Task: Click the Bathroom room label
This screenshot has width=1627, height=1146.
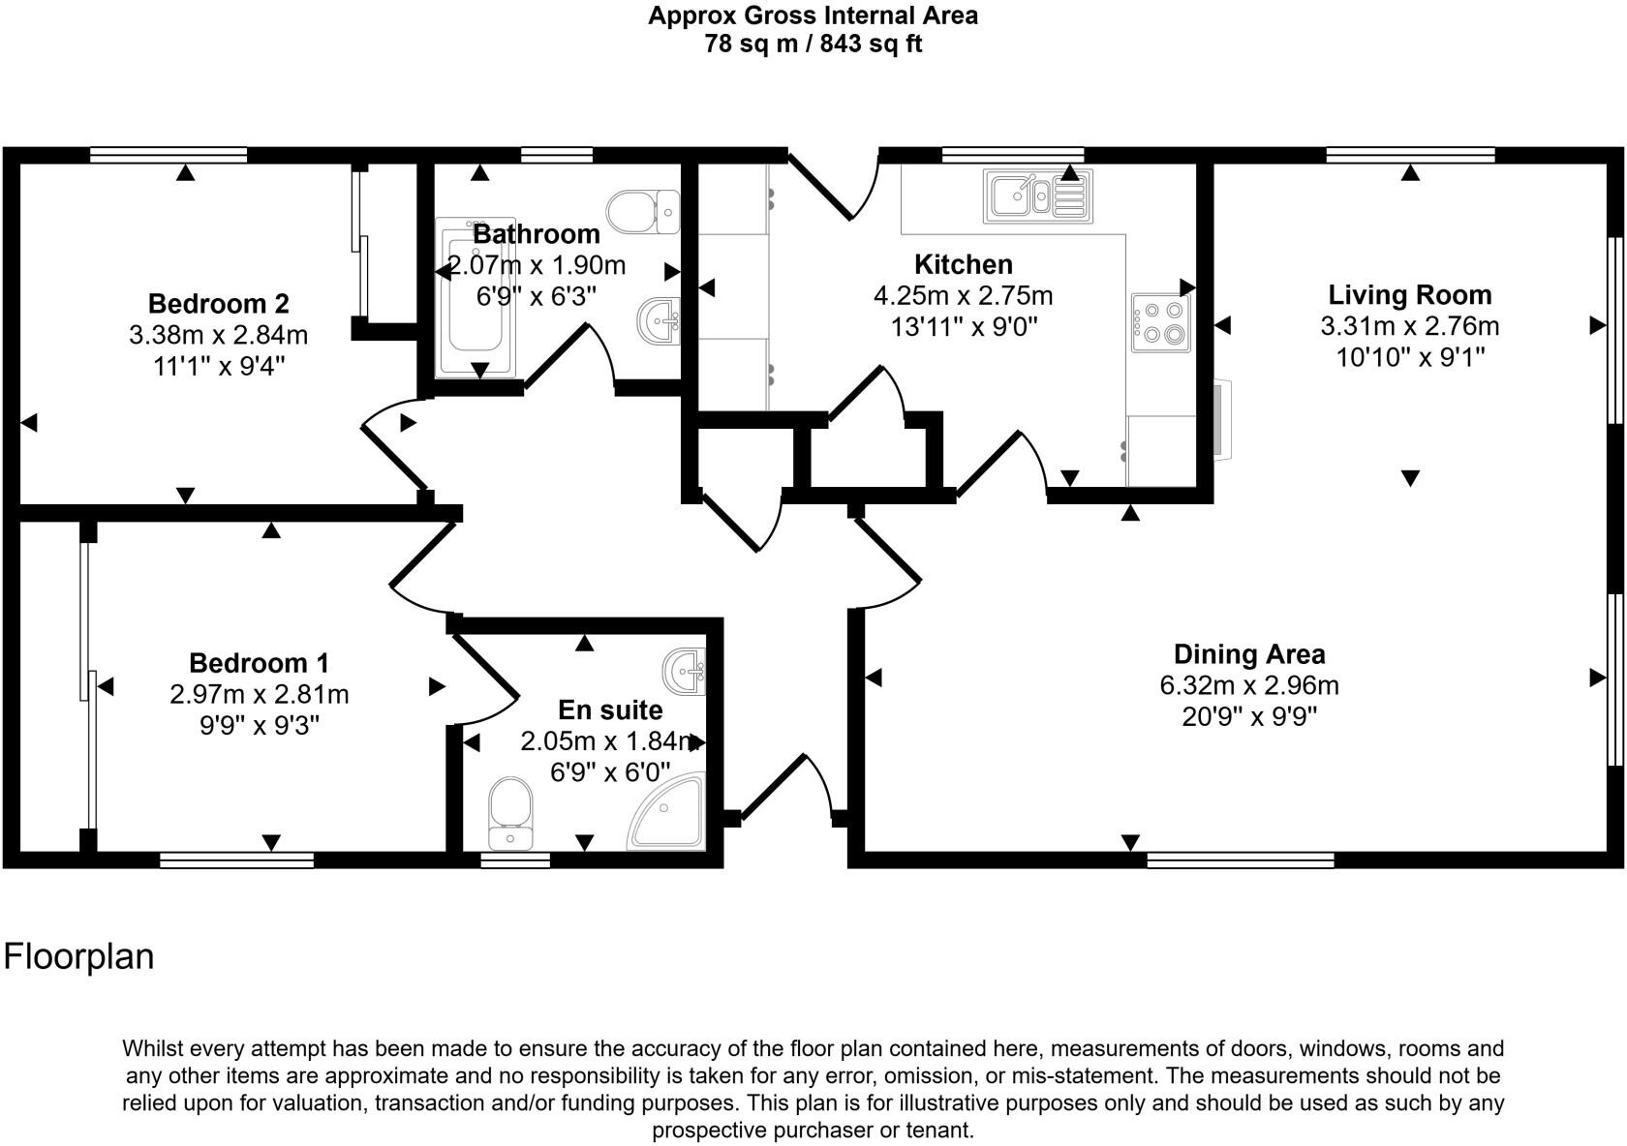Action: pyautogui.click(x=537, y=234)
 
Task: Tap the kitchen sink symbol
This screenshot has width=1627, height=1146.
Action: pyautogui.click(x=1037, y=196)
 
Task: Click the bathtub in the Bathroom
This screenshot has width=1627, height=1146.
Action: pyautogui.click(x=472, y=300)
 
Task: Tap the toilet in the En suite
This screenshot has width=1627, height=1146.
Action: pyautogui.click(x=509, y=813)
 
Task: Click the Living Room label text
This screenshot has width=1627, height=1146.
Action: pyautogui.click(x=1409, y=294)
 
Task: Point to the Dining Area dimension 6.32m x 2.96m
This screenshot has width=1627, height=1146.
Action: pyautogui.click(x=1248, y=685)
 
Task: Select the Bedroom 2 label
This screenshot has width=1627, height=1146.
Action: pyautogui.click(x=218, y=304)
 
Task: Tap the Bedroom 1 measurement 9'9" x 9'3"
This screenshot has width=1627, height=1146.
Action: pyautogui.click(x=259, y=725)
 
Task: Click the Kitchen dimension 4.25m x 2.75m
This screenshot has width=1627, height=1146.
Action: pyautogui.click(x=963, y=295)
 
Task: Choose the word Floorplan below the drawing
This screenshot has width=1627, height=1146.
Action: pyautogui.click(x=79, y=956)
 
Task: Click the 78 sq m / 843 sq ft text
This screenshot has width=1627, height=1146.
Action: pyautogui.click(x=813, y=44)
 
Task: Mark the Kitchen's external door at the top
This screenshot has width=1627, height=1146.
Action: pyautogui.click(x=831, y=184)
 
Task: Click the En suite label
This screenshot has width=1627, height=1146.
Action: pyautogui.click(x=610, y=709)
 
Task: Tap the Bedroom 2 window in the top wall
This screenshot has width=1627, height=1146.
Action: pyautogui.click(x=169, y=154)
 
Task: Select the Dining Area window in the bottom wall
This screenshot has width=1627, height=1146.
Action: pyautogui.click(x=1240, y=859)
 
